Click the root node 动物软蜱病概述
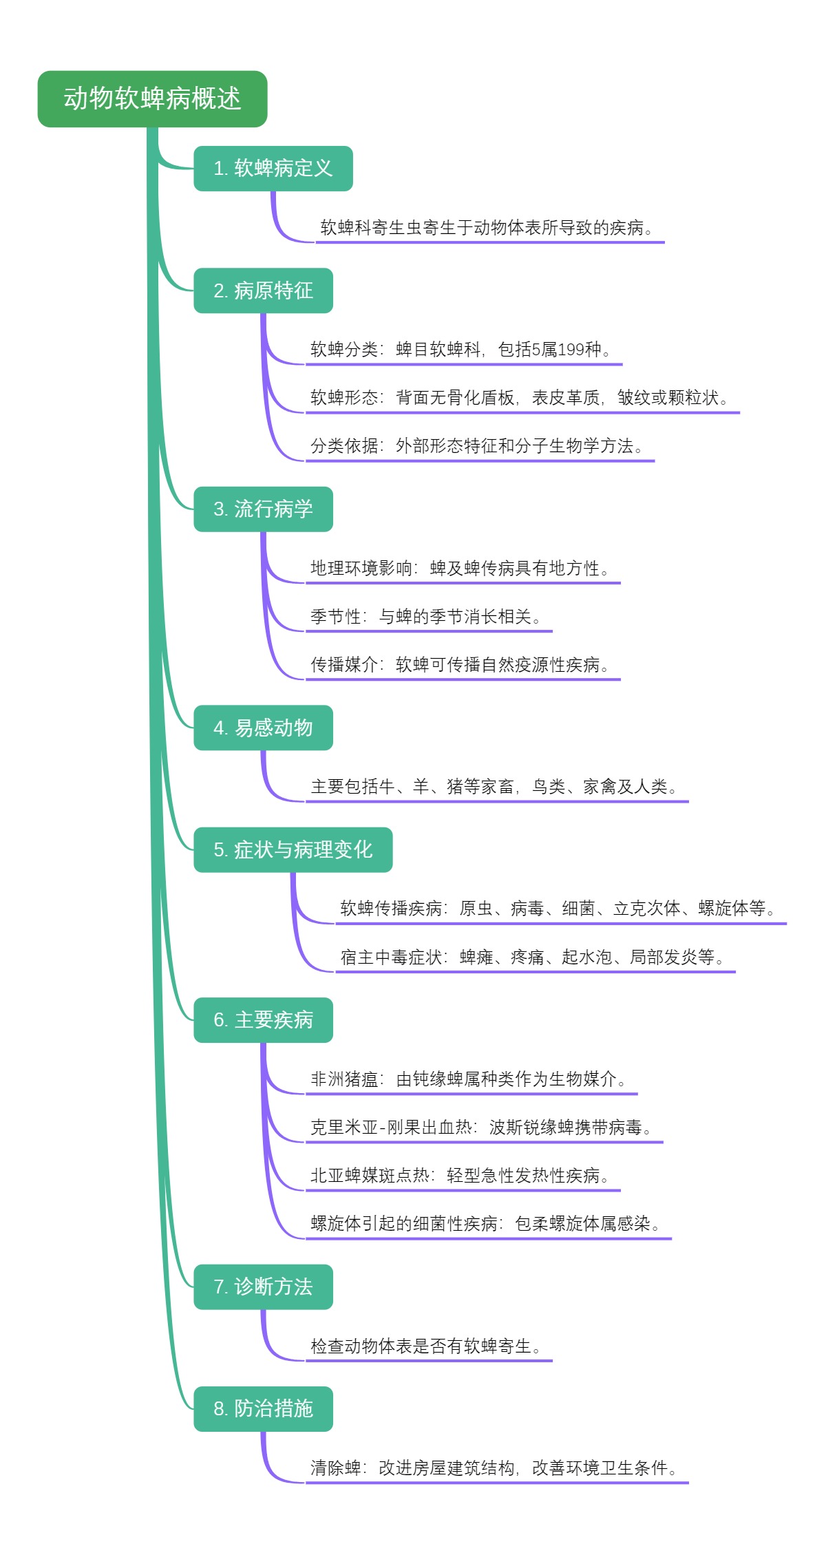coord(152,98)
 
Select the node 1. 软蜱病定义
coord(273,168)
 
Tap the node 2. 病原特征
coord(263,290)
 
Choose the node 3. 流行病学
coord(263,509)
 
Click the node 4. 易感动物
coord(263,728)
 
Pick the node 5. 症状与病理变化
coord(293,849)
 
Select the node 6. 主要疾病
coord(263,1019)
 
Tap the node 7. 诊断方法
coord(263,1287)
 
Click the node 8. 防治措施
coord(263,1408)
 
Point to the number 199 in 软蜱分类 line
coord(571,350)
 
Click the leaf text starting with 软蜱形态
coord(519,398)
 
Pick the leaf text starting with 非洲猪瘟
coord(468,1079)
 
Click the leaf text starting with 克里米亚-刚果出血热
coord(481,1128)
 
